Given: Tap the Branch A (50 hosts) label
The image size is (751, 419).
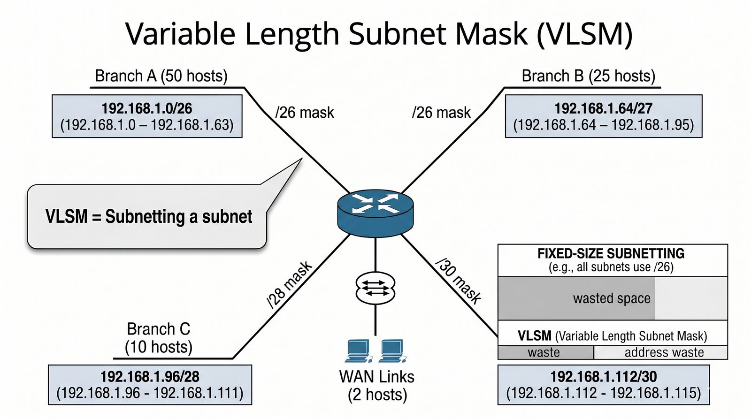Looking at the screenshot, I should pos(161,76).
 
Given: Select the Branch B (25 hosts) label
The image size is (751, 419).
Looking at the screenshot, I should pos(588,76).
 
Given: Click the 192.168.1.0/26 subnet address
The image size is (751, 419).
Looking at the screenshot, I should pos(147,108).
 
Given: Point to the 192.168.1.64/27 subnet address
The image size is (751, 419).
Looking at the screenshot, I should pos(603,108).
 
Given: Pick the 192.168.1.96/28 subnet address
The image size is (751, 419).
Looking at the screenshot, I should pos(150,376).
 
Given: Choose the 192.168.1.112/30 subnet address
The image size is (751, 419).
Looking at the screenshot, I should pos(603,376).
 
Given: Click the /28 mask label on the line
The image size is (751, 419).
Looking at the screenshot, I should pos(289,285).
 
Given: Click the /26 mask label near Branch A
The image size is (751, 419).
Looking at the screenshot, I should pos(305,113).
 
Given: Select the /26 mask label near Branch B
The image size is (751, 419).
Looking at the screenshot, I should pos(441,113).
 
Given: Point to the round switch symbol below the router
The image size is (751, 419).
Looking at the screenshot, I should pos(375,288).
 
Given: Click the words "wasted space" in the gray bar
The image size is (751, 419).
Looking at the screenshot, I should pos(612,298).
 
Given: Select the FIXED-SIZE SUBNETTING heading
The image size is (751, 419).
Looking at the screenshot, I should pos(611,254).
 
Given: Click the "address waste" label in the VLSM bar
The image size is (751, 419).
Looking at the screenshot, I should pos(664,352).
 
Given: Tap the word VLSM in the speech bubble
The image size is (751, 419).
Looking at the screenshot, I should pos(66,217).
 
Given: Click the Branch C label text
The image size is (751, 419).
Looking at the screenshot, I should pos(158,329).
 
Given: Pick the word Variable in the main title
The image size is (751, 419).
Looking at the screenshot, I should pos(180,34).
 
